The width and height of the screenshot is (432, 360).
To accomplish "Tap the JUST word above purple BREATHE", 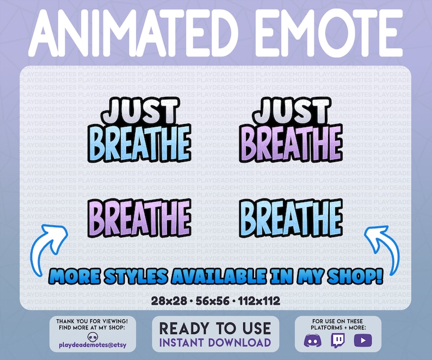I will [x=292, y=110].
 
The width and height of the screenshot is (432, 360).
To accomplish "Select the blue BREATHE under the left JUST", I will [x=140, y=142].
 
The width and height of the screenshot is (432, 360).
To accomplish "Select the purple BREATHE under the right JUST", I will [x=292, y=142].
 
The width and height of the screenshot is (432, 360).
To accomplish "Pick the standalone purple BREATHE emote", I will [x=140, y=216].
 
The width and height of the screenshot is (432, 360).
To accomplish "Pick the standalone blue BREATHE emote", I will [x=292, y=216].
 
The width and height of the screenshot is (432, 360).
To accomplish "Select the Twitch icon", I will [x=338, y=340].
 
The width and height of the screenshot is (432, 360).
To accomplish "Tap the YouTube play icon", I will [x=361, y=340].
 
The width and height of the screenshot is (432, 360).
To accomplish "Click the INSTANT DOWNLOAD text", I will [x=215, y=342].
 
